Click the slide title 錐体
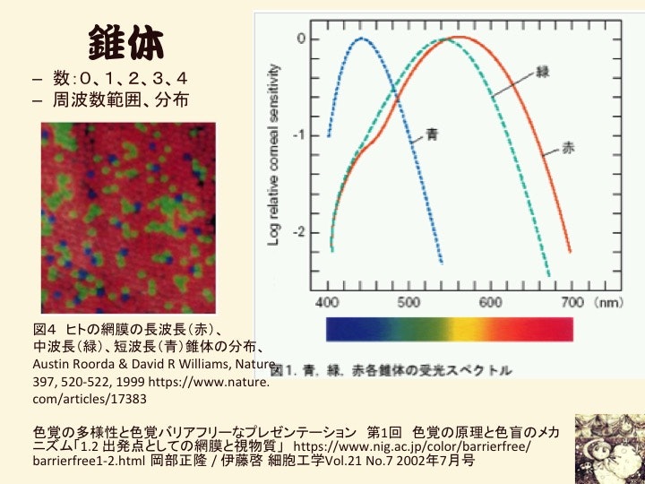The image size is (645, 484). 125,40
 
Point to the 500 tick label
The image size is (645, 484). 409,301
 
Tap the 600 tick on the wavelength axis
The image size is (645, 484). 490,301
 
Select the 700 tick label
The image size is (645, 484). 572,301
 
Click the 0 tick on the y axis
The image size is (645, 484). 302,39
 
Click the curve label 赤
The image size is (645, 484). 569,147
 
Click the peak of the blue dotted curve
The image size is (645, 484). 363,39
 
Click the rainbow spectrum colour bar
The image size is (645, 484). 450,329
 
